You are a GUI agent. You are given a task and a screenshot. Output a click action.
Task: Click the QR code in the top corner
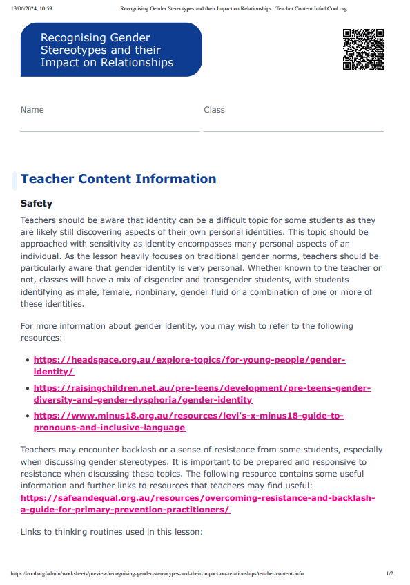[363, 50]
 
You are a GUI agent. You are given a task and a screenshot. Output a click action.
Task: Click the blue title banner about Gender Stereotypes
[111, 50]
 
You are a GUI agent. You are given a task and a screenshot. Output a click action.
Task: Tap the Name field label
[32, 110]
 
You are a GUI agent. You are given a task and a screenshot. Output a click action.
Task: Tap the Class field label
[214, 110]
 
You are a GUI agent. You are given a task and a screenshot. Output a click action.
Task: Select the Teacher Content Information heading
[118, 179]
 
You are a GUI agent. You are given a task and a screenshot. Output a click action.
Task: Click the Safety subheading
[37, 204]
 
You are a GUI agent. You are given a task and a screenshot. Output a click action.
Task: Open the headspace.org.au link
[189, 361]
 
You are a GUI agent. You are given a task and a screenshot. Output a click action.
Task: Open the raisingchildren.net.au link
[202, 388]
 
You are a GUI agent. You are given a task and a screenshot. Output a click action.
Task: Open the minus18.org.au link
[188, 416]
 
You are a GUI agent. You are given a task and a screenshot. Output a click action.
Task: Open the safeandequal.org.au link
[197, 498]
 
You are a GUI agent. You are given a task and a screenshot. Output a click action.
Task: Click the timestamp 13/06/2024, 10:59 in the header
[32, 9]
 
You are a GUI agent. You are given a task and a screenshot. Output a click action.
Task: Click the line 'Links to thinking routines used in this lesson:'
[112, 532]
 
